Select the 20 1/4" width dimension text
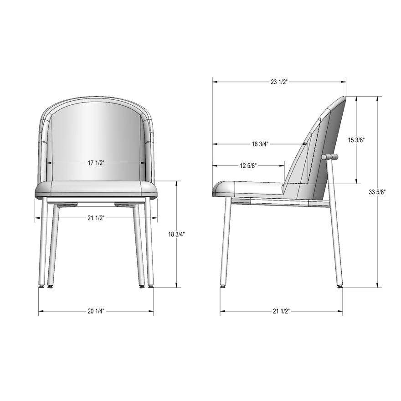pos(96,312)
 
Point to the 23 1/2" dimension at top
pos(279,82)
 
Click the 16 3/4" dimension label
pos(260,144)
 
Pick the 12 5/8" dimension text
pos(248,166)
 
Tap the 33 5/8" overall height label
pos(378,192)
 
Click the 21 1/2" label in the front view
pos(97,218)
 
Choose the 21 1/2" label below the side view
pos(281,312)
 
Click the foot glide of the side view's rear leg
pos(339,287)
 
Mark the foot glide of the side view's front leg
pos(223,287)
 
